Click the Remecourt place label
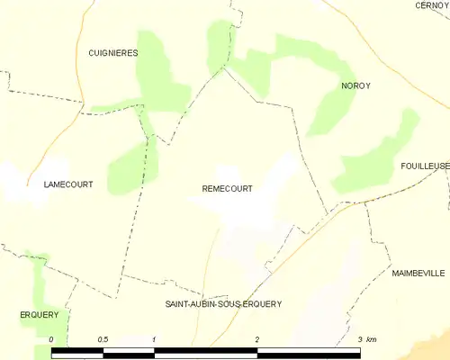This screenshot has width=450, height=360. click(220, 189)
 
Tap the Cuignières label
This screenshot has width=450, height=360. click(113, 54)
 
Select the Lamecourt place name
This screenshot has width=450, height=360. click(68, 184)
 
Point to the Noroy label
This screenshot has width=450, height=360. click(355, 85)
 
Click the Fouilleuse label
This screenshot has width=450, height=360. click(425, 166)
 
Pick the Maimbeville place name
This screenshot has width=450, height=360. click(418, 271)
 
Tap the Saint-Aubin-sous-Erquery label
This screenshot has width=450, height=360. click(223, 304)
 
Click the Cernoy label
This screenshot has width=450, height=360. click(432, 5)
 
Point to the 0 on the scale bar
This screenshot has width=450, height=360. click(52, 339)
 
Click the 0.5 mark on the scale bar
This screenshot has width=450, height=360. click(103, 339)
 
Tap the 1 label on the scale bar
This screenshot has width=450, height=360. click(155, 339)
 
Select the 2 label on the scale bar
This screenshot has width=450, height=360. click(257, 339)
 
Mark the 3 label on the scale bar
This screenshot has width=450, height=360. click(359, 339)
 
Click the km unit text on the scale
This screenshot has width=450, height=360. click(372, 339)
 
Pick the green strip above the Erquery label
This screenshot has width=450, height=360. click(38, 279)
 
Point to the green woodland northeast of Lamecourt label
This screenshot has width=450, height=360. click(130, 166)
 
